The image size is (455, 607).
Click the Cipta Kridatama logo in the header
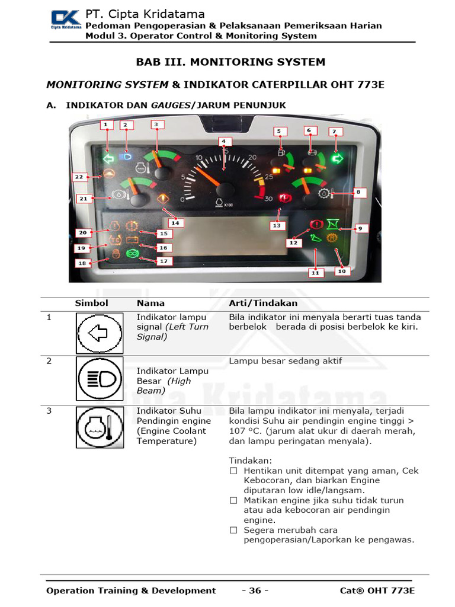[x=65, y=20]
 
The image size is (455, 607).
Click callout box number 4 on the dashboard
[x=223, y=141]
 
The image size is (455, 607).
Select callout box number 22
[x=79, y=177]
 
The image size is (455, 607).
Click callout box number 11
[x=315, y=273]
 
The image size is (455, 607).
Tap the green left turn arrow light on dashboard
[x=108, y=159]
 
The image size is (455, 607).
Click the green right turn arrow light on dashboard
[x=338, y=158]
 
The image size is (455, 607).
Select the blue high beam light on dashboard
[x=124, y=157]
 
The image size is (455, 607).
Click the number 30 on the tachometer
[x=268, y=199]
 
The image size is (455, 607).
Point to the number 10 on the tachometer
[x=200, y=159]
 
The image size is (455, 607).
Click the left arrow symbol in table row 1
[x=100, y=333]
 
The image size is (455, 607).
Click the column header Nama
[x=150, y=303]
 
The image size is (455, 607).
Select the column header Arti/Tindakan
[x=263, y=303]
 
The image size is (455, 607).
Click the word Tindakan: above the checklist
[x=250, y=461]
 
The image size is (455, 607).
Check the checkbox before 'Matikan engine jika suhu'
[x=233, y=500]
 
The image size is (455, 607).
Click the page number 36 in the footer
[x=255, y=590]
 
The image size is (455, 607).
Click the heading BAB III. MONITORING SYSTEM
[x=230, y=62]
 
